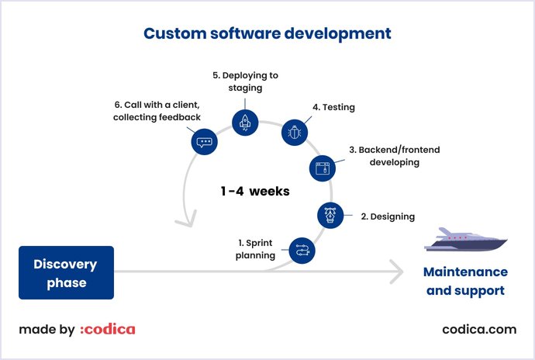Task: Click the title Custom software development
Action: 267,33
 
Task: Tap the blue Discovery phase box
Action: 66,273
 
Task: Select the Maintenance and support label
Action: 465,282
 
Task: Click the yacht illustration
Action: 465,241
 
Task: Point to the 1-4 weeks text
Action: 254,191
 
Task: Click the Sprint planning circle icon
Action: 302,250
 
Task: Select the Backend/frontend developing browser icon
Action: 323,168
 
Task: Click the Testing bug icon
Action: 294,133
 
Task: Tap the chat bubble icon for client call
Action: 204,142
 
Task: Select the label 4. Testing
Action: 333,107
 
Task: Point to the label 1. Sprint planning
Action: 257,249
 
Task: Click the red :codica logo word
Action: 108,329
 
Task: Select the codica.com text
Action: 478,329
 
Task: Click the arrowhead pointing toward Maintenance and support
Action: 396,272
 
